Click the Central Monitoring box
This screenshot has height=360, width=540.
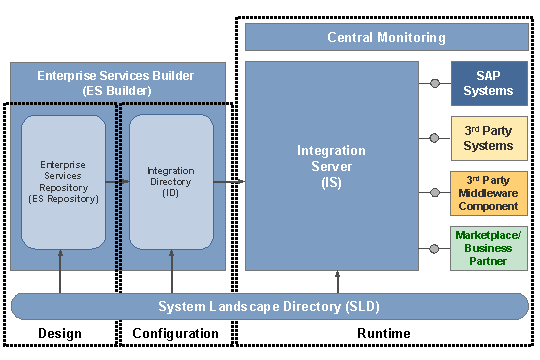[x=386, y=37]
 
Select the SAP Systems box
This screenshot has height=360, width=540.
[x=489, y=83]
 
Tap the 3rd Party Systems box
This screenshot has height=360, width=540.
[x=489, y=138]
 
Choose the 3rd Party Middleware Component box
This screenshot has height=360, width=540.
[x=489, y=192]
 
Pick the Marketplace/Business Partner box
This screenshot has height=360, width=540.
[x=489, y=248]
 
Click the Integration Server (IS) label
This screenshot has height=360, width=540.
[x=331, y=166]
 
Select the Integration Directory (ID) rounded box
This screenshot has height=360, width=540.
[x=171, y=182]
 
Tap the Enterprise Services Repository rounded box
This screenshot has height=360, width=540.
[x=63, y=182]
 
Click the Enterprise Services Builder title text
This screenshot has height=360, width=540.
[x=116, y=82]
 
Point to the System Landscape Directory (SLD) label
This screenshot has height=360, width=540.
[x=268, y=306]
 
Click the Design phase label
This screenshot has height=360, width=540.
[x=59, y=333]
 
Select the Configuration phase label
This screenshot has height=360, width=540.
[x=176, y=333]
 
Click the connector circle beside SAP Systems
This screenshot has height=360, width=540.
[x=434, y=83]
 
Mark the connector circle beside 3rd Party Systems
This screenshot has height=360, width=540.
[x=434, y=138]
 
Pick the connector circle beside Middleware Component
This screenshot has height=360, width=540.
[x=434, y=192]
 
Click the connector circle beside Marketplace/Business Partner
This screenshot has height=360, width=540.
[x=434, y=248]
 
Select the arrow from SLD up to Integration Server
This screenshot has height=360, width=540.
[x=338, y=281]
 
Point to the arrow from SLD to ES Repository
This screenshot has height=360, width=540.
[x=63, y=270]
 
